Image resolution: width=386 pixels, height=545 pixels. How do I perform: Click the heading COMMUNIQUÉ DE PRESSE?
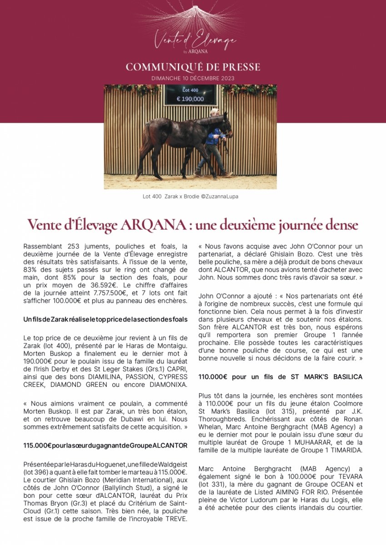[x=193, y=67]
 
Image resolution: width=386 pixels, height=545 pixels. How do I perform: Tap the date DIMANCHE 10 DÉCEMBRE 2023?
[x=193, y=78]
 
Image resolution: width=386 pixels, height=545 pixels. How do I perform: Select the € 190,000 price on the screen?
[x=190, y=99]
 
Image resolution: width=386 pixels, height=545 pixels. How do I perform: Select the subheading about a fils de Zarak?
[x=105, y=320]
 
